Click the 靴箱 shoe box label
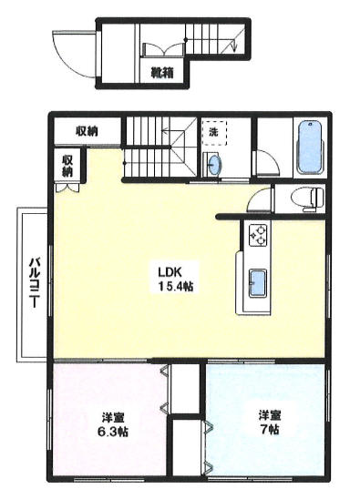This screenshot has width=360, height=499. click(x=162, y=74)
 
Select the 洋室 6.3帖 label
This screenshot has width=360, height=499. click(x=113, y=424)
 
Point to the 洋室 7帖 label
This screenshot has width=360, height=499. click(x=270, y=423)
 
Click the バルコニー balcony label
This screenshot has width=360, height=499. click(x=35, y=282)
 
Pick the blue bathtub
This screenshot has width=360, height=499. click(x=311, y=147)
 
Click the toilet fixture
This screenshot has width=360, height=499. click(x=307, y=199)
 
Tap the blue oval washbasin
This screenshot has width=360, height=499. click(x=213, y=164)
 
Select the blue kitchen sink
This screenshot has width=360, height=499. click(x=257, y=283)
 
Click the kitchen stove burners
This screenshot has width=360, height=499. click(x=258, y=236)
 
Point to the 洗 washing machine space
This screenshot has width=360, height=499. click(x=214, y=132)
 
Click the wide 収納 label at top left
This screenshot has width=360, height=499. click(x=87, y=131)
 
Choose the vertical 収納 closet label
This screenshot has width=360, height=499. click(x=67, y=166)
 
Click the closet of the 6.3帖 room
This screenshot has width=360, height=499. click(x=184, y=389)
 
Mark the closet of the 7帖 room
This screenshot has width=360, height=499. click(x=188, y=446)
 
